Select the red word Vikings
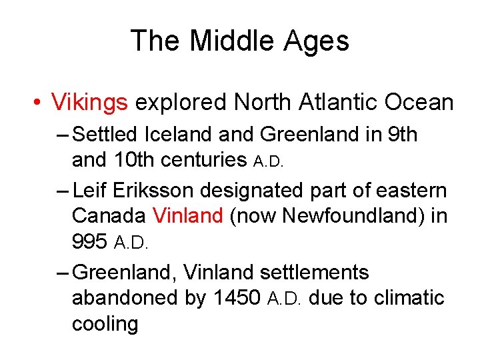[89, 102]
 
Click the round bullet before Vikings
[38, 103]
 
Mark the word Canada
[109, 216]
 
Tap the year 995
[89, 241]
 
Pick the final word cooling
[105, 323]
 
